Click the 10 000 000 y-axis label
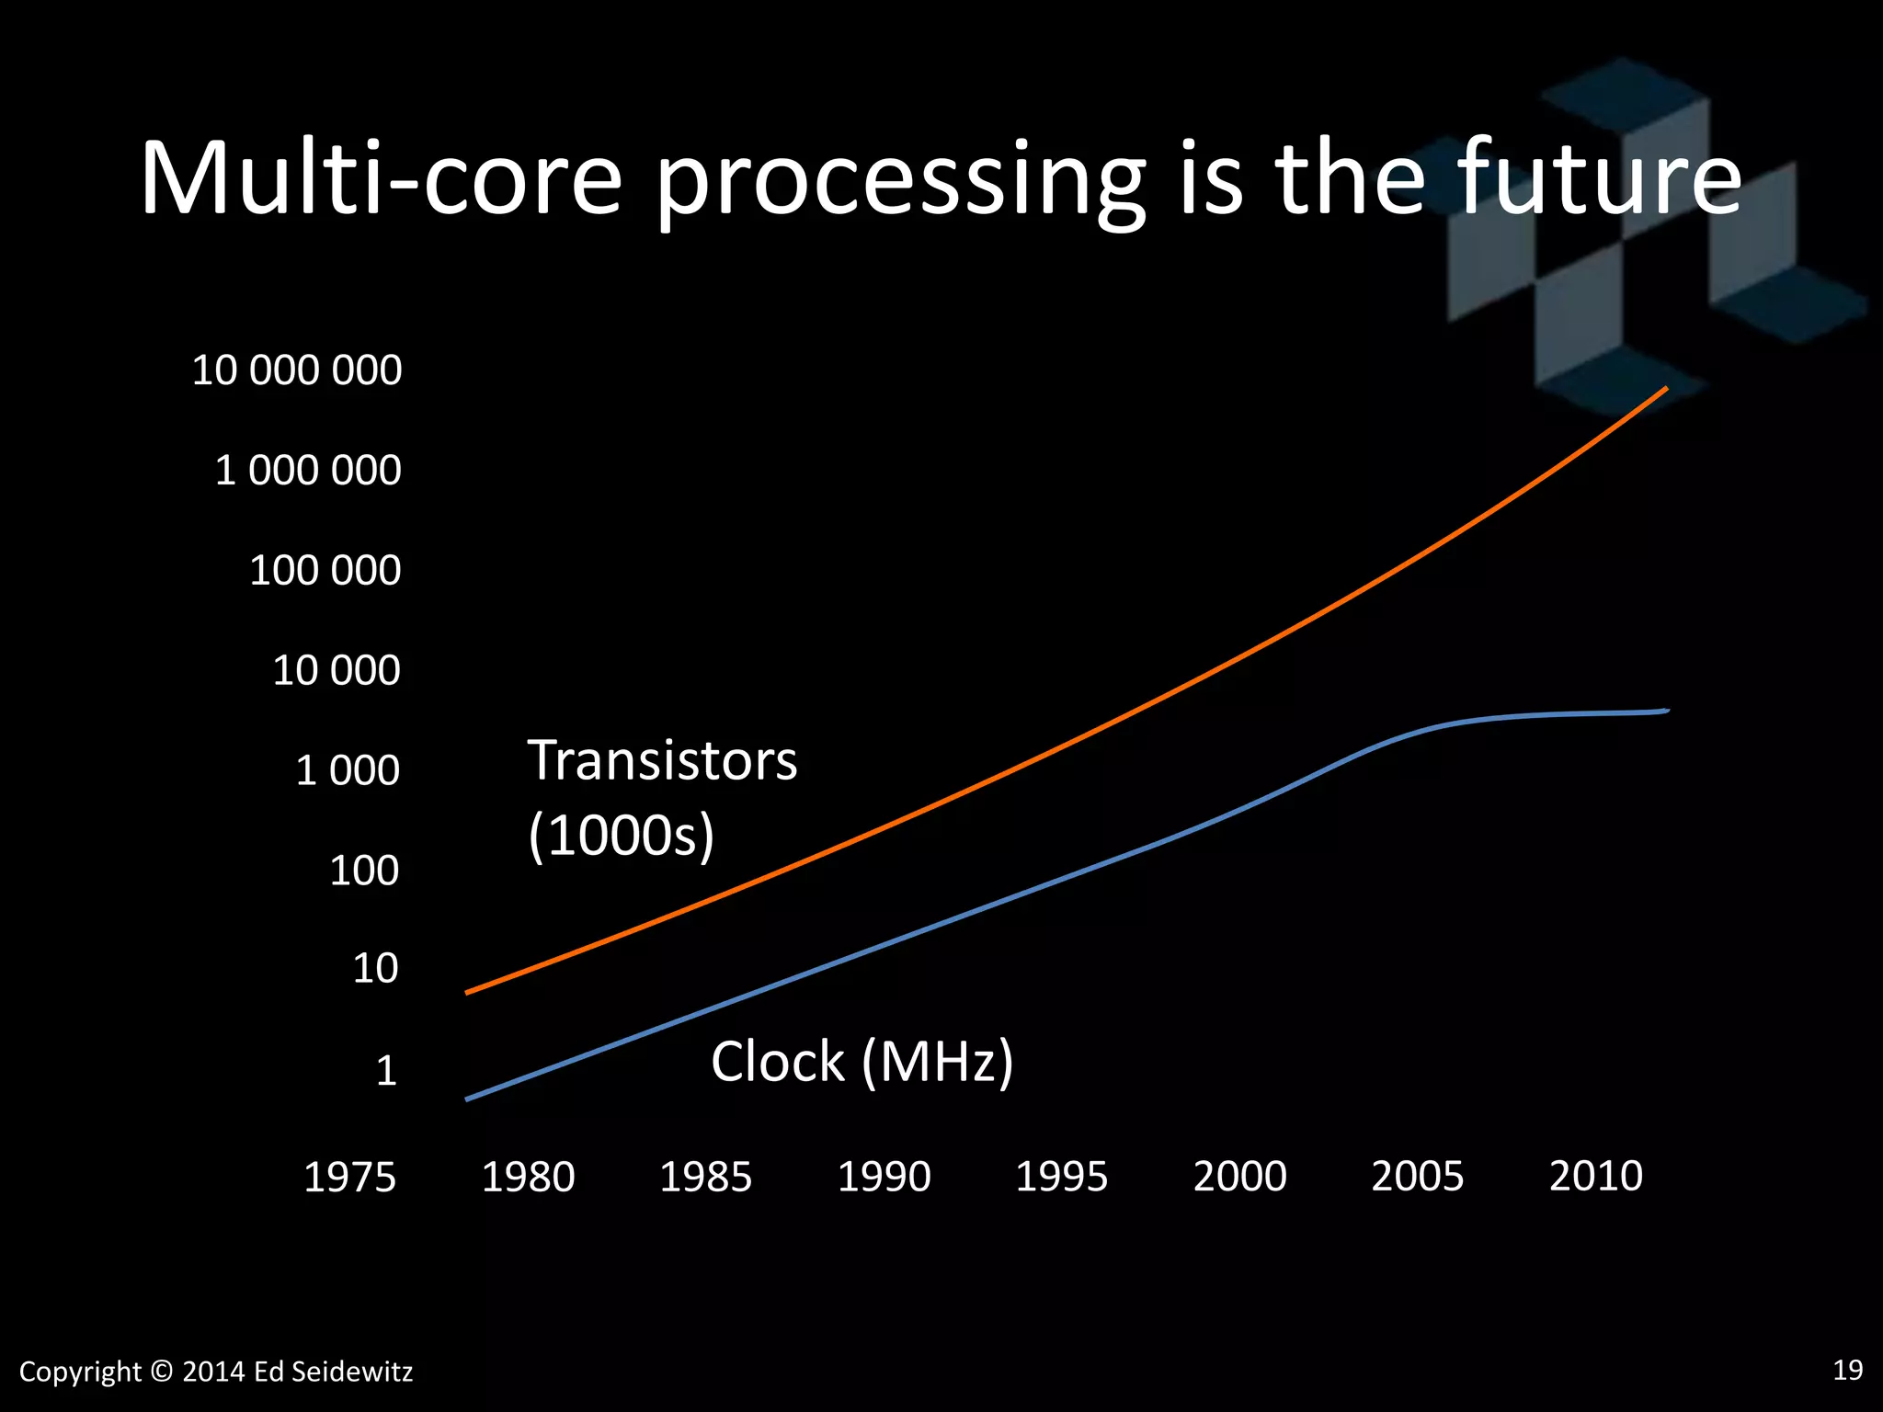[296, 370]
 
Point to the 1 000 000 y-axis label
[307, 471]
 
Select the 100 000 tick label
[325, 571]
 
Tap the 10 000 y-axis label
[336, 670]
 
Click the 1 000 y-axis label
[347, 770]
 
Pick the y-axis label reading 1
[386, 1071]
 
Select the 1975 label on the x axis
[349, 1178]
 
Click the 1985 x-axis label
[705, 1178]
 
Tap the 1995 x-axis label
[1061, 1178]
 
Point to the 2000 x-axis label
[1239, 1178]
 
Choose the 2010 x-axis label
[1595, 1178]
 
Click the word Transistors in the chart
[662, 761]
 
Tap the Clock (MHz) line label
[862, 1062]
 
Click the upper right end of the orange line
[1665, 390]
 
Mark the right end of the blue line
[1666, 711]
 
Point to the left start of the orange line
[468, 993]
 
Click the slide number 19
[1847, 1370]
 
